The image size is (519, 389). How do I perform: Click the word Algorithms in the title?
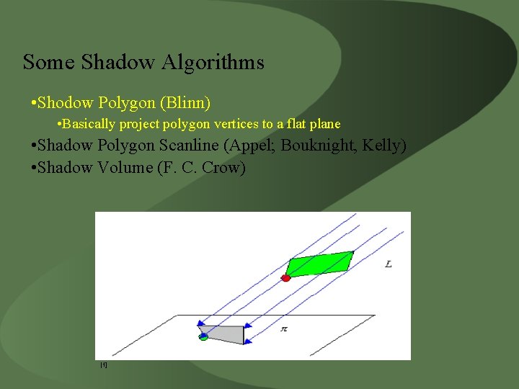[213, 63]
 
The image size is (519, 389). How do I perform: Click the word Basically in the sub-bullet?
[89, 124]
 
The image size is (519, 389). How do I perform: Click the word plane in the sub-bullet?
[324, 124]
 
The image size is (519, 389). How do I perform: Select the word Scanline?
[189, 146]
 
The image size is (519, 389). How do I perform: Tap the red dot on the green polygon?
[285, 277]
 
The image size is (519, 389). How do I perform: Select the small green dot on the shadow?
[203, 336]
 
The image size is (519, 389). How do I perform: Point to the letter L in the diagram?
[389, 264]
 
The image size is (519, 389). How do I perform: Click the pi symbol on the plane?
[284, 328]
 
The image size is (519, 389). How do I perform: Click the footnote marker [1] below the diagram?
[104, 365]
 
